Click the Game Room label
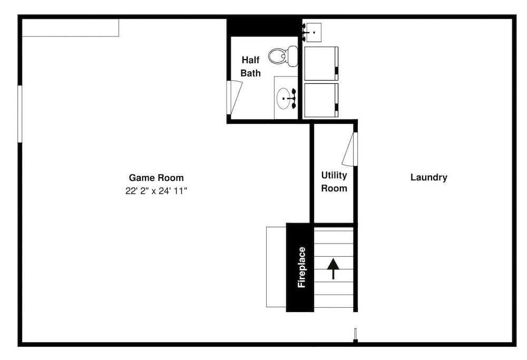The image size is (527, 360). pyautogui.click(x=157, y=178)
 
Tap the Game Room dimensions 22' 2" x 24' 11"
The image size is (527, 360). pyautogui.click(x=157, y=191)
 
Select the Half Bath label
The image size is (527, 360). pyautogui.click(x=251, y=66)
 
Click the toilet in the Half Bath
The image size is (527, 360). pyautogui.click(x=284, y=56)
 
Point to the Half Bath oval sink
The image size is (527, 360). pyautogui.click(x=283, y=99)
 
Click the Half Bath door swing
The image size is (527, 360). pyautogui.click(x=235, y=98)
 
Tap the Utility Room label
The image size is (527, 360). pyautogui.click(x=334, y=181)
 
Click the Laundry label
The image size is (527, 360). pyautogui.click(x=429, y=177)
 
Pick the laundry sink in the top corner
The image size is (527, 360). pyautogui.click(x=313, y=32)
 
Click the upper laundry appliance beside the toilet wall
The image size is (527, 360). pyautogui.click(x=321, y=64)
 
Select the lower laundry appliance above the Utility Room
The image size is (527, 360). pyautogui.click(x=321, y=100)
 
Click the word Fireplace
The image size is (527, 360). pyautogui.click(x=301, y=267)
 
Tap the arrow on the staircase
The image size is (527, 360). pyautogui.click(x=333, y=269)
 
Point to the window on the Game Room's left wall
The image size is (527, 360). pyautogui.click(x=20, y=114)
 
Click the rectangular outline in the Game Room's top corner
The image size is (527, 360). pyautogui.click(x=71, y=27)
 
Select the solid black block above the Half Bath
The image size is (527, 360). pyautogui.click(x=264, y=27)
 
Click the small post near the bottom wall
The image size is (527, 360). pyautogui.click(x=356, y=335)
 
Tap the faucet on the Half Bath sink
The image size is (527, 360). pyautogui.click(x=292, y=99)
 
